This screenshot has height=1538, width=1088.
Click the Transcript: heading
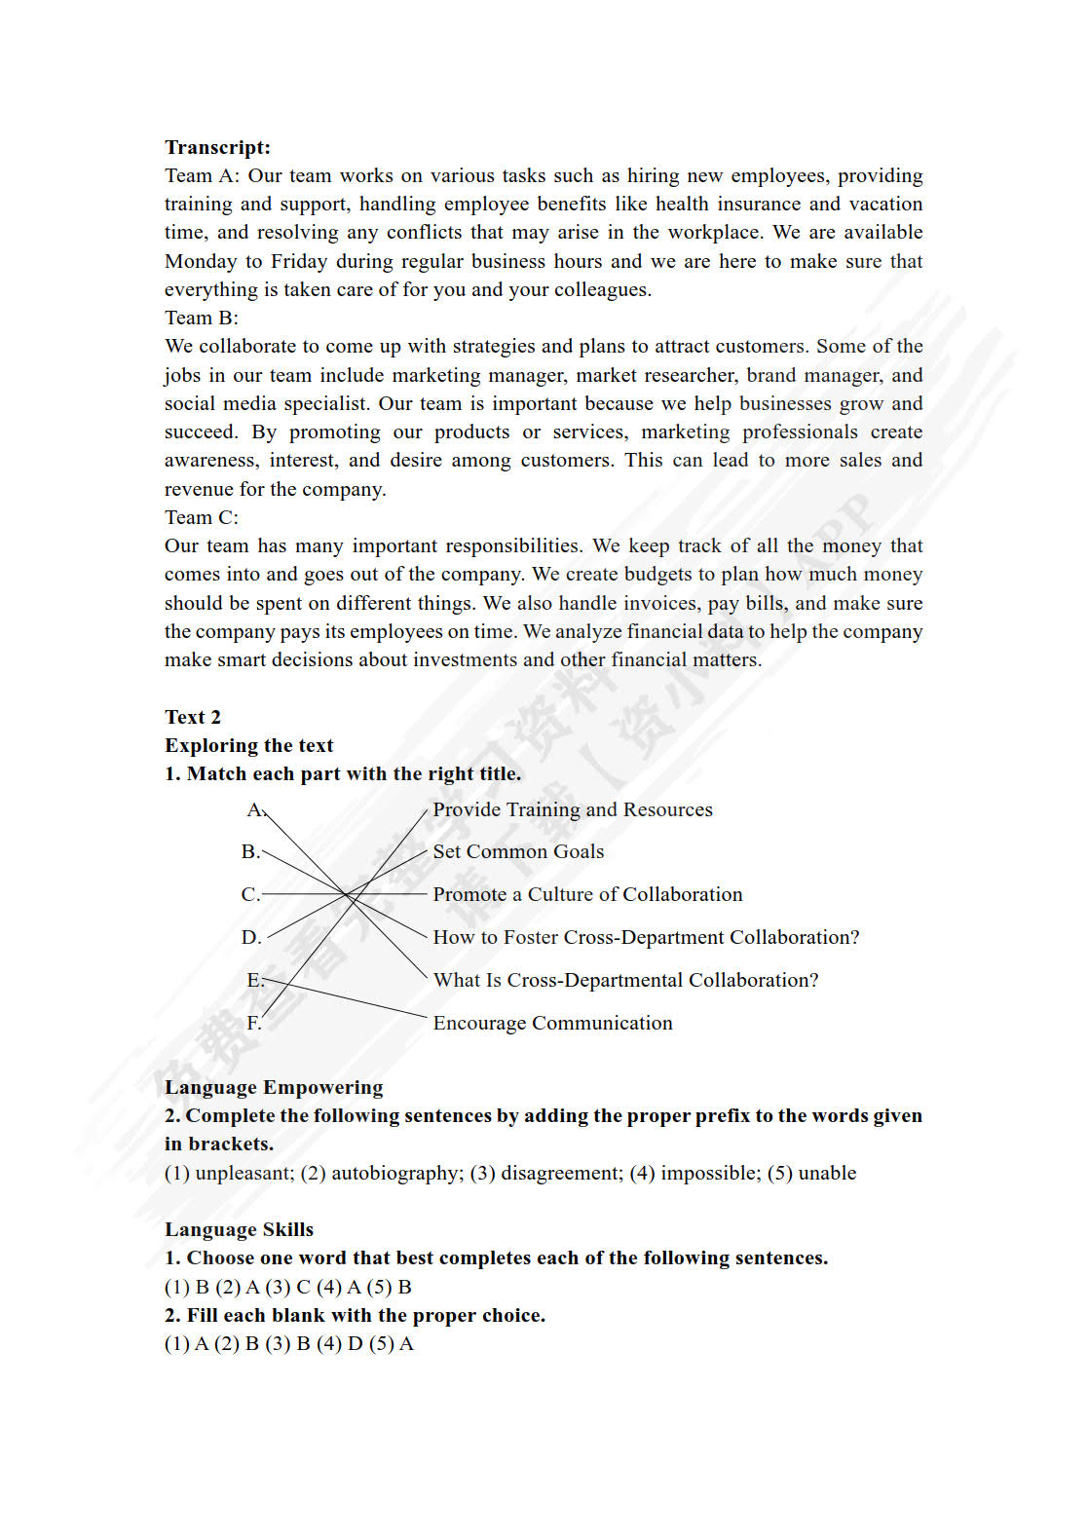217,147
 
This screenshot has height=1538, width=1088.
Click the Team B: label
201,318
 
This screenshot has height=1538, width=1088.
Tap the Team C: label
201,517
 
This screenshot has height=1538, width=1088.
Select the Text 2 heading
193,717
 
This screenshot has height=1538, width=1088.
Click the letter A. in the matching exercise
255,809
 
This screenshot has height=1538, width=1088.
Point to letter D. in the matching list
251,937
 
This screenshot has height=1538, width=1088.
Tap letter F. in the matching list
253,1023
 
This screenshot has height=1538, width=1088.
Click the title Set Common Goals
518,851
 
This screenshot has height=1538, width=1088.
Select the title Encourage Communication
552,1023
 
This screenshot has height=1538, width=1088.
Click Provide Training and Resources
573,809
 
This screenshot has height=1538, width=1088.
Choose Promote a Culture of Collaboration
587,894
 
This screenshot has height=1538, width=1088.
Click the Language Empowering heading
274,1087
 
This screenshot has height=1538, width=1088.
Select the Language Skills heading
239,1229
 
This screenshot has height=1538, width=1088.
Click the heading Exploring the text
248,745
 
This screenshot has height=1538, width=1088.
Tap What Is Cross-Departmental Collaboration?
625,980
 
